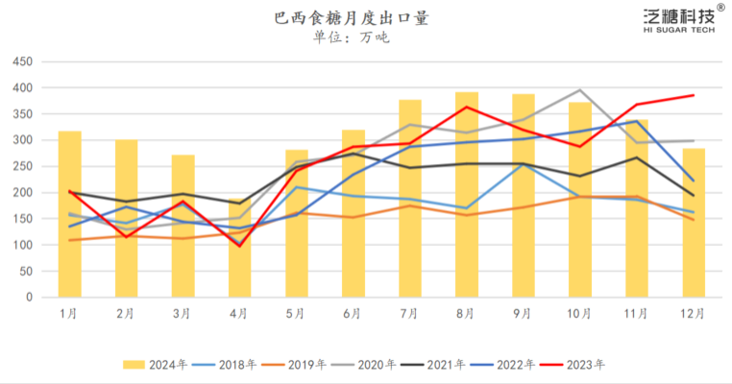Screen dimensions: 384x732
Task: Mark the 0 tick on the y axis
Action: point(29,297)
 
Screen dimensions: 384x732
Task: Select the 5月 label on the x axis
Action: point(296,313)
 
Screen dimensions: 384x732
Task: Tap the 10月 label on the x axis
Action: point(579,313)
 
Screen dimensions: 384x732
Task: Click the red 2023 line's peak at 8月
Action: point(467,107)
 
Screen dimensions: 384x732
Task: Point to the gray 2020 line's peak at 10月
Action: point(580,90)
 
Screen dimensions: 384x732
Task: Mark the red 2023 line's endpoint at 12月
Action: point(694,95)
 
